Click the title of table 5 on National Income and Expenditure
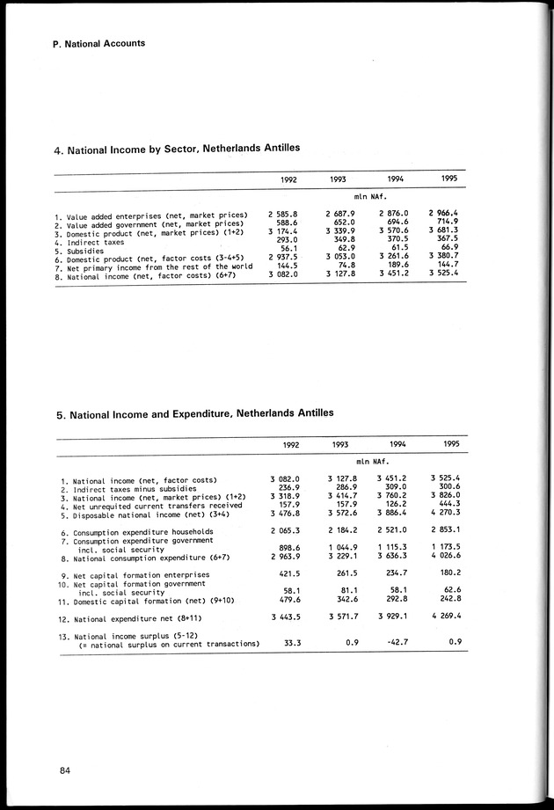point(194,412)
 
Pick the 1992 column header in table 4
point(288,179)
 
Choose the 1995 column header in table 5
point(451,445)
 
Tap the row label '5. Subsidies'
point(84,249)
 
